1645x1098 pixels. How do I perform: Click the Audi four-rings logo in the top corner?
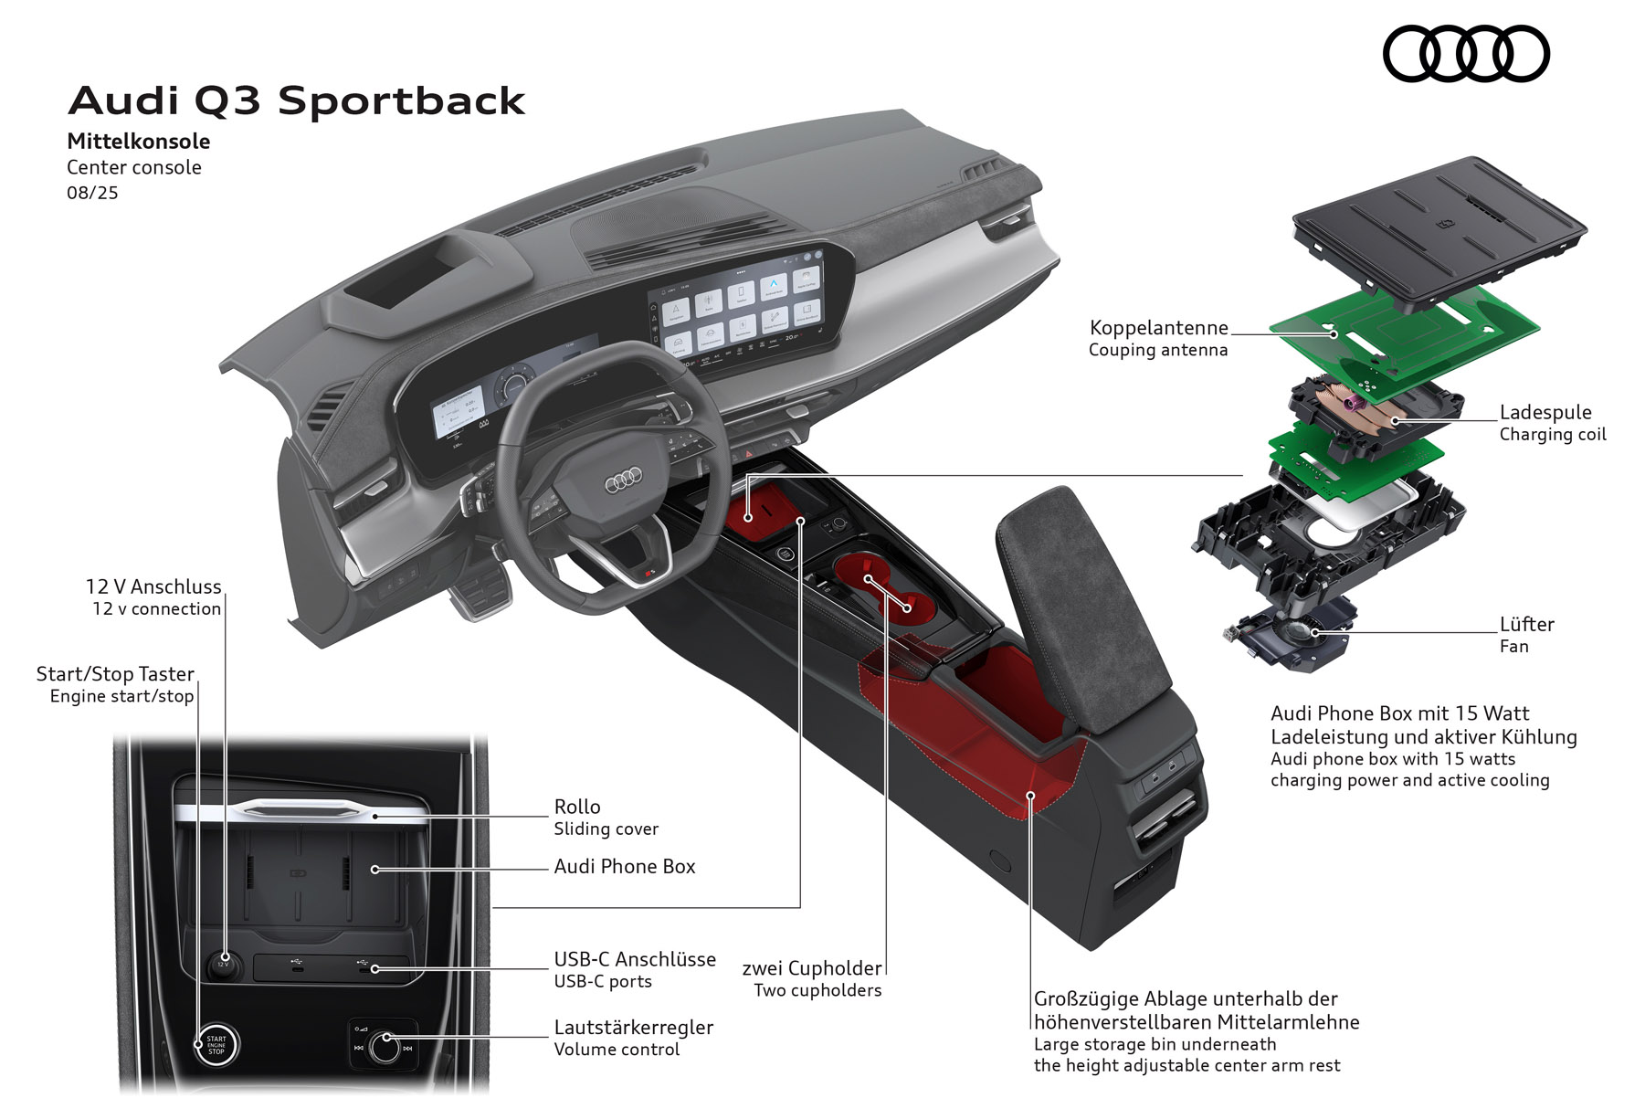point(1466,54)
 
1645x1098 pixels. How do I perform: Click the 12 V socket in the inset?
point(222,964)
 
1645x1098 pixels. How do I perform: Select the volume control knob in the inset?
point(385,1047)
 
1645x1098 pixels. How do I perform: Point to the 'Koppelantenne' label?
point(1158,328)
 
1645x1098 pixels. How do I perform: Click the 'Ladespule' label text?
point(1545,412)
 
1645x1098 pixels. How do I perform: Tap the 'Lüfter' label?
point(1526,624)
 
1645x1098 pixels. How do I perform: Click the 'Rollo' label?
point(577,807)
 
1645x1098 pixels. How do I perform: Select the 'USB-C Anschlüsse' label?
point(635,959)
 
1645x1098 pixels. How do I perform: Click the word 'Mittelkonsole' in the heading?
point(139,142)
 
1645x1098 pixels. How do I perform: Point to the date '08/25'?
point(92,193)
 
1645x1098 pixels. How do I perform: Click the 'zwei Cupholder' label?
point(812,968)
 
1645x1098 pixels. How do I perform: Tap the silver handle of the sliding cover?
point(301,809)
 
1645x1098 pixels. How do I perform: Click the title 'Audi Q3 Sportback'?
point(297,100)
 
